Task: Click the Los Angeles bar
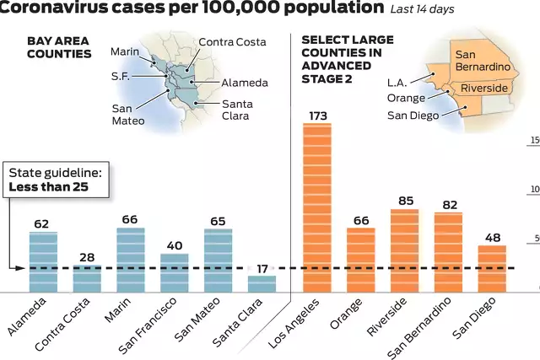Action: [x=317, y=207]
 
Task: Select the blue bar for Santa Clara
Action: [x=262, y=283]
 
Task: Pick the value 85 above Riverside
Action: [x=404, y=201]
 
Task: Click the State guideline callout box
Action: [x=57, y=179]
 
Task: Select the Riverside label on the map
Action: [x=484, y=88]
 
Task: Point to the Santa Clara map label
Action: [x=235, y=110]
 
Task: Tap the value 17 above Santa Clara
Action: [x=262, y=268]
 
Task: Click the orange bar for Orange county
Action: [x=360, y=259]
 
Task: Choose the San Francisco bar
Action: [x=175, y=271]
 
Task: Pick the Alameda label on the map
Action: [x=245, y=83]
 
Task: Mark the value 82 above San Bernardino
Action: [x=448, y=203]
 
